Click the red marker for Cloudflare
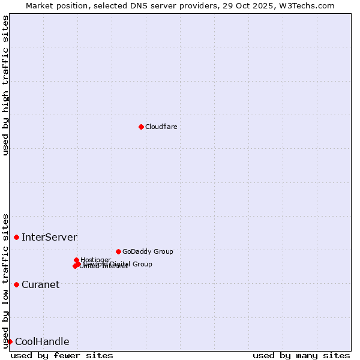coord(141,127)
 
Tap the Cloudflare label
coord(161,127)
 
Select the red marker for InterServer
coord(16,238)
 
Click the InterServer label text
coord(49,238)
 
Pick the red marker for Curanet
coord(16,284)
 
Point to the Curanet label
coord(40,285)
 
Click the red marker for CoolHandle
coord(10,341)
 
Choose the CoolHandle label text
coord(42,342)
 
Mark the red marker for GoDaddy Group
coord(118,251)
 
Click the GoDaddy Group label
coord(147,251)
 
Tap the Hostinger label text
coord(95,260)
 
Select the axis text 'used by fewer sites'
coord(62,355)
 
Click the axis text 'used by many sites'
coord(301,355)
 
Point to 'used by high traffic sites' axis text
coord(6,85)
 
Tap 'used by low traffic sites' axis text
coord(6,280)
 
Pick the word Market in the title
coord(40,5)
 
